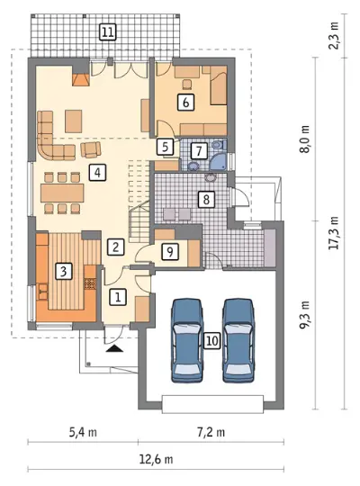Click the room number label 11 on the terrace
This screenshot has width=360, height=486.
click(107, 31)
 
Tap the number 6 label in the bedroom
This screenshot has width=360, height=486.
click(185, 103)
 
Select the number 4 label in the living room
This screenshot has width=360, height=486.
click(97, 172)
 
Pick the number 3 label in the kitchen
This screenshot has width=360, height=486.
click(63, 272)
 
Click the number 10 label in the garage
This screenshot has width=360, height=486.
click(212, 341)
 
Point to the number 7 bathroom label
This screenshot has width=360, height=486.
click(199, 150)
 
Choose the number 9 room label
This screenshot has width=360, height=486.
click(170, 251)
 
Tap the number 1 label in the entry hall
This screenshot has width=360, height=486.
click(118, 297)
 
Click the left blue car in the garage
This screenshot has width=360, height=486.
click(187, 341)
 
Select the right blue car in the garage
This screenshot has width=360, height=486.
click(238, 341)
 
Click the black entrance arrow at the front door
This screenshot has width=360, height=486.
click(114, 348)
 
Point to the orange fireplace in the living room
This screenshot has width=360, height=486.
click(81, 80)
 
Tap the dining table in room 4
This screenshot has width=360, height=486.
click(62, 193)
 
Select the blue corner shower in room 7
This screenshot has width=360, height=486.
click(219, 161)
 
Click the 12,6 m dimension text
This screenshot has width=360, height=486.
click(156, 459)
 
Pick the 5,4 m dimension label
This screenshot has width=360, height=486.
click(83, 432)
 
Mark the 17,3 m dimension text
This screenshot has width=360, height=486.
click(334, 232)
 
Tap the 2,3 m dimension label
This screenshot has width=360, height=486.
click(334, 36)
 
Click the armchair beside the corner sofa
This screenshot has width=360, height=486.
click(91, 149)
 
